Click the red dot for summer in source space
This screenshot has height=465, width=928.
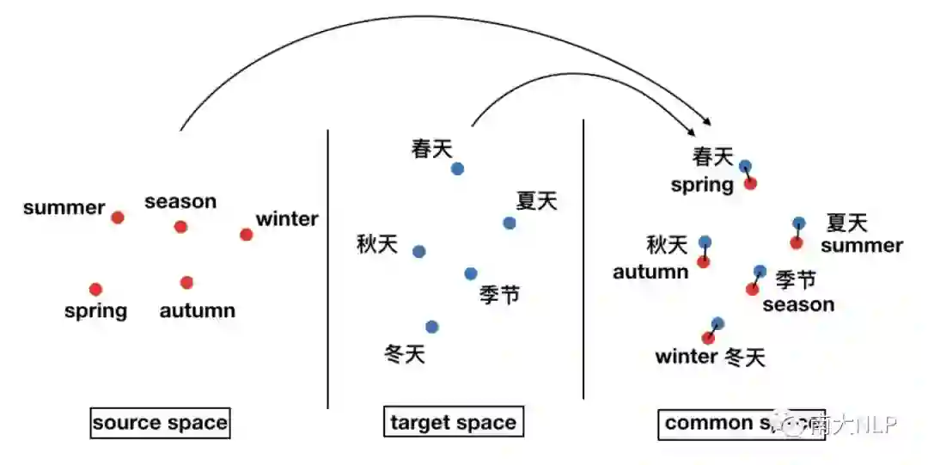(x=118, y=217)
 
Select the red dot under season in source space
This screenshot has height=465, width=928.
(x=180, y=227)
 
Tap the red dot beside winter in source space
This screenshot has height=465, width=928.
(x=247, y=235)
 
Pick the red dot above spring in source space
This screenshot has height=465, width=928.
(x=95, y=290)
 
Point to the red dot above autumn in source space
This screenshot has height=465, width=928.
(x=186, y=282)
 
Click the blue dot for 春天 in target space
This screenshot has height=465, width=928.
(x=457, y=168)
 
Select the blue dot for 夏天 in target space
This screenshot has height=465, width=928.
(x=510, y=223)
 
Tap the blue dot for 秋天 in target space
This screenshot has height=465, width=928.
(x=418, y=252)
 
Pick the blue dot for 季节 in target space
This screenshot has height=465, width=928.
(x=470, y=273)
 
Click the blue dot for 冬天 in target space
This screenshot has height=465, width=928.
(x=431, y=327)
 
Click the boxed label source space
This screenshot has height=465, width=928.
(x=161, y=423)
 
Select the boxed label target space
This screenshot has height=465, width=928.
(x=453, y=423)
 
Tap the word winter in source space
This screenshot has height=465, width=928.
(x=287, y=219)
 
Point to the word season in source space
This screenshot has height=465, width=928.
(x=180, y=202)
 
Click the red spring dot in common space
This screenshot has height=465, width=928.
(x=750, y=183)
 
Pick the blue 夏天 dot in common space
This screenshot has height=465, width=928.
(x=799, y=223)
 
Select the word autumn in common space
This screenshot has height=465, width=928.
(x=650, y=272)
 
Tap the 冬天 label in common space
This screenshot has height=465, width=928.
(x=744, y=357)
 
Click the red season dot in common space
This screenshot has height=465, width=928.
(x=753, y=289)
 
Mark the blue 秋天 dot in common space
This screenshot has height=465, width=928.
(x=705, y=242)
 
